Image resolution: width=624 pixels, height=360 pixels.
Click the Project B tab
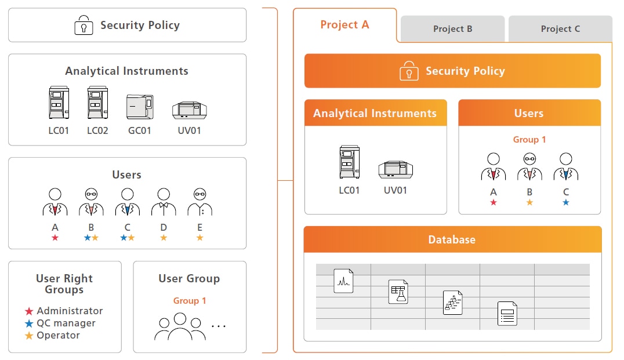pos(452,29)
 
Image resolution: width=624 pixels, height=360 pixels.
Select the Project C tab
pos(560,29)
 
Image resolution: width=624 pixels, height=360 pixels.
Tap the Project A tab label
pos(344,25)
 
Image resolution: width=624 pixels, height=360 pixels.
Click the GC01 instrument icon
pos(140,107)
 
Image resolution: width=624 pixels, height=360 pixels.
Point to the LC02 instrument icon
pos(97,104)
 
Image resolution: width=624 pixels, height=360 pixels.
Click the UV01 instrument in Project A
pos(396,169)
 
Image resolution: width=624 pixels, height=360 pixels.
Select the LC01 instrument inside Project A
pos(349,163)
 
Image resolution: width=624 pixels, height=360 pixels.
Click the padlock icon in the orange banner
pos(409,71)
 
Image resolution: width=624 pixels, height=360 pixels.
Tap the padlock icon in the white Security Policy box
pos(84,26)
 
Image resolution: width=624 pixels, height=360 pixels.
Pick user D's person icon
pos(164,202)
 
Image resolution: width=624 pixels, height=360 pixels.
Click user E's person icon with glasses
pos(199,202)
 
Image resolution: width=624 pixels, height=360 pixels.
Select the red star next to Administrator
pos(29,311)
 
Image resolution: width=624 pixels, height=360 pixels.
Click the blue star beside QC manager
pos(29,323)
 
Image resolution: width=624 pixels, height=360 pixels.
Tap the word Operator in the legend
pos(58,336)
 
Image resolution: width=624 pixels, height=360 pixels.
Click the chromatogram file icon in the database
pos(343,281)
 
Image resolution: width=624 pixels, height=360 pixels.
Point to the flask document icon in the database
pos(398,292)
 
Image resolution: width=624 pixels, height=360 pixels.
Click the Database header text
pos(452,239)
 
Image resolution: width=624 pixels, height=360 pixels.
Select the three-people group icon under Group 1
pos(180,327)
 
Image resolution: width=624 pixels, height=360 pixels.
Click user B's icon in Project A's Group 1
pos(529,167)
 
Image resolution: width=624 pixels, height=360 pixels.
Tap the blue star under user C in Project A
pos(565,202)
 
